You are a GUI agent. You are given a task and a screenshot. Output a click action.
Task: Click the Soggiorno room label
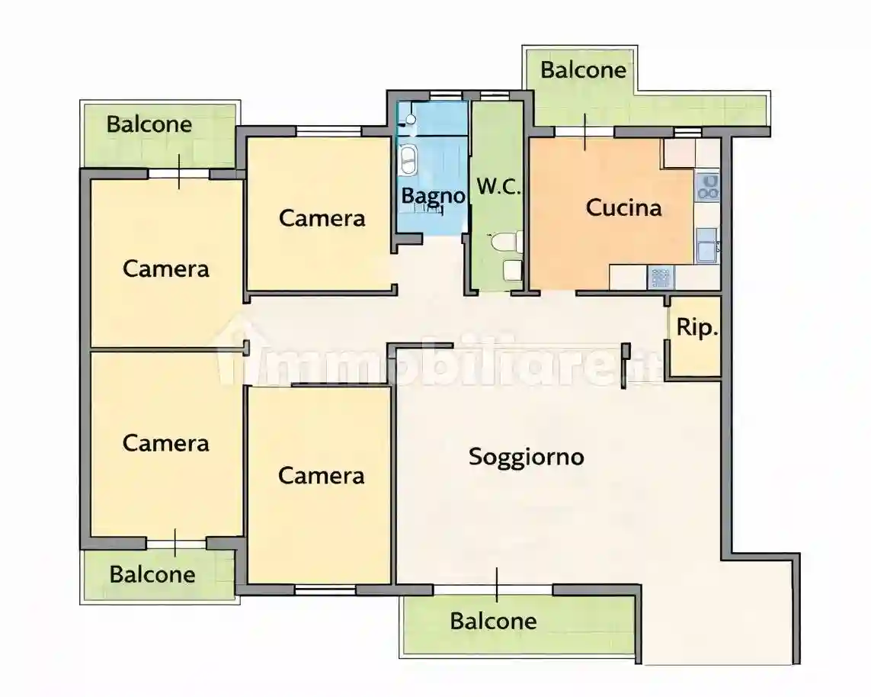[x=526, y=457]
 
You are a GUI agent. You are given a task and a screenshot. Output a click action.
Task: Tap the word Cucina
[x=623, y=207]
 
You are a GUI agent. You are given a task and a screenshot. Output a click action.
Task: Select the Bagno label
[x=433, y=196]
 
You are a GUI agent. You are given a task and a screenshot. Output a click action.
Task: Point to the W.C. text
[x=498, y=187]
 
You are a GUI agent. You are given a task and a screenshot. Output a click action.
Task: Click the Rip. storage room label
[x=696, y=329]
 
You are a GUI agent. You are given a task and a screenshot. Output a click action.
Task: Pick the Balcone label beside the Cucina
[x=583, y=70]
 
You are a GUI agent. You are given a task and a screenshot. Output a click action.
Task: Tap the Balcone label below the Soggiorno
[x=493, y=621]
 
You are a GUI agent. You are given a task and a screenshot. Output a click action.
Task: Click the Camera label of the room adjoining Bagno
[x=322, y=218]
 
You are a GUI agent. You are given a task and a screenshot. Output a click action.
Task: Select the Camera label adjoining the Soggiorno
[x=321, y=476]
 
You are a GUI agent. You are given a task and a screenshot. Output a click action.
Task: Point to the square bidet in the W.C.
[x=511, y=269]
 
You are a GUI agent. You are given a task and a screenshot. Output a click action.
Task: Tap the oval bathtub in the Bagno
[x=409, y=159]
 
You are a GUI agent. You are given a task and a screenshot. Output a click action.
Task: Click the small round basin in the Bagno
[x=409, y=120]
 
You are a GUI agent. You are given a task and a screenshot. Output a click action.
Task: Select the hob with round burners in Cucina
[x=709, y=187]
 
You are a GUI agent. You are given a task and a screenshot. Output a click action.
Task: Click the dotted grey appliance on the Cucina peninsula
[x=660, y=278]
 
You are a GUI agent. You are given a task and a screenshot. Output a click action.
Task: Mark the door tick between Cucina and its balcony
[x=585, y=132]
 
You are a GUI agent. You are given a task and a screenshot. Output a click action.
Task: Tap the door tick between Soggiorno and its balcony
[x=496, y=586]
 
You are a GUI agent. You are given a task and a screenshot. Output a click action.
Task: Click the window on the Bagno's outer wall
[x=440, y=95]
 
